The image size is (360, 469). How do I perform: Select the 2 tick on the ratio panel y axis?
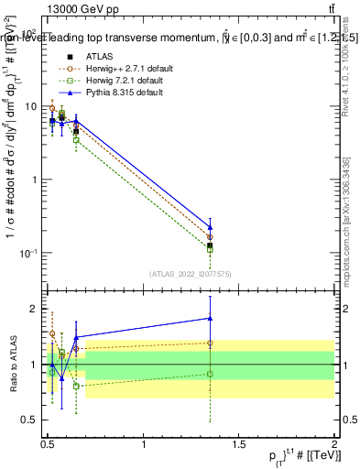pyautogui.click(x=33, y=309)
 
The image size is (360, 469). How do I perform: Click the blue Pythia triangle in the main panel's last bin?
pyautogui.click(x=211, y=227)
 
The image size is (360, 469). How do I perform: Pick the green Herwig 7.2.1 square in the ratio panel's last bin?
pyautogui.click(x=211, y=374)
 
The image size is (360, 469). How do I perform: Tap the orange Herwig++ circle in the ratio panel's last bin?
pyautogui.click(x=211, y=343)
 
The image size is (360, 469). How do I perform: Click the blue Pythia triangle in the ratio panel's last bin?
pyautogui.click(x=211, y=319)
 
